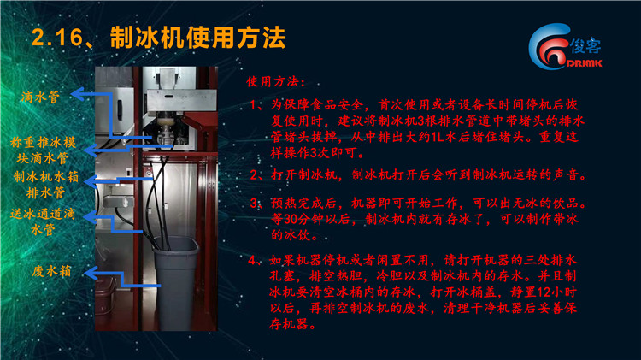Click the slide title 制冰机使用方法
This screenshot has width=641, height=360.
198,38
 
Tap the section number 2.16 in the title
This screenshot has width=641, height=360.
57,38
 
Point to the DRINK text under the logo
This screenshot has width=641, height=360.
585,63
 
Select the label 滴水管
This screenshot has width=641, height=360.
40,97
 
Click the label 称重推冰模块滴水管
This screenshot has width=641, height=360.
43,150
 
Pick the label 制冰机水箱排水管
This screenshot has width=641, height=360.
46,184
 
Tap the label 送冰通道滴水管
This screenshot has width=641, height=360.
43,221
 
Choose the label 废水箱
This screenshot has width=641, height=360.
51,271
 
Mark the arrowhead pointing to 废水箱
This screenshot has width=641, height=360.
91,274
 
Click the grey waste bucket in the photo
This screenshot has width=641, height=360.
176,282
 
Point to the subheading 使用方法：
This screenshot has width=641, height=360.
276,81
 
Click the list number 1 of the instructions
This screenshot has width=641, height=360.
255,104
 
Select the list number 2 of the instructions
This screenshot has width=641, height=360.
255,175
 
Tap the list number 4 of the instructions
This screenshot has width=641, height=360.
253,260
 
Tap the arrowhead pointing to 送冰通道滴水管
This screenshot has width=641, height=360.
91,217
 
